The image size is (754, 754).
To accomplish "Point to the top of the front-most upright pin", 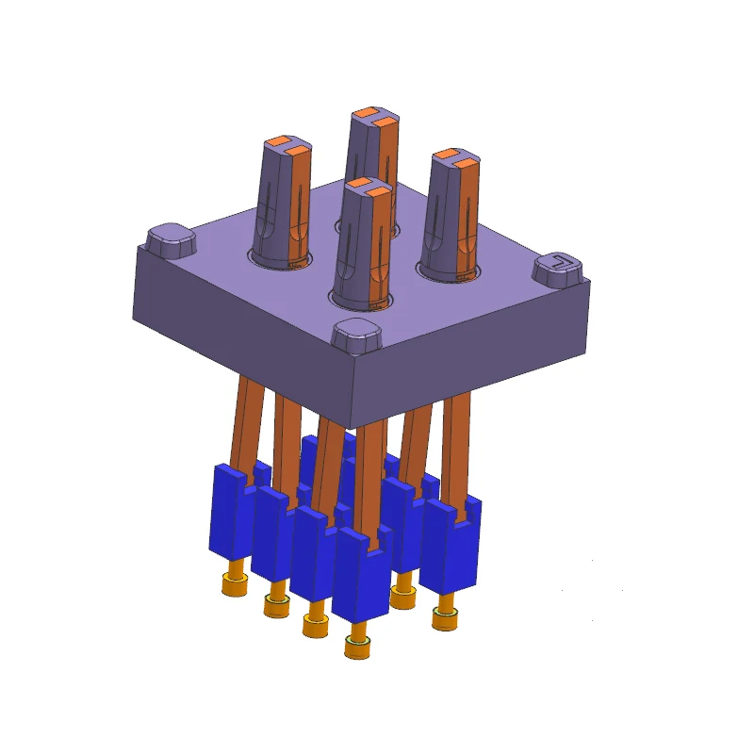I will pos(367,188).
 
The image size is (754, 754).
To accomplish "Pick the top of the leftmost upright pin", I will pos(287,146).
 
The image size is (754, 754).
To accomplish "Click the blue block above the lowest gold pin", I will pos(361,575).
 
